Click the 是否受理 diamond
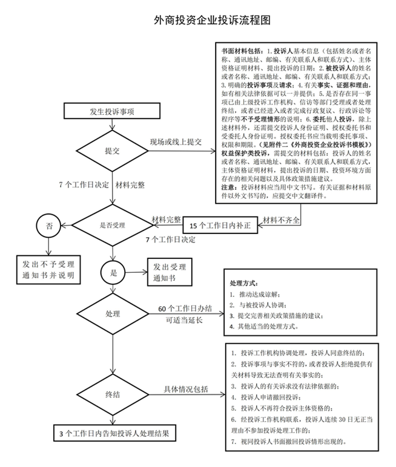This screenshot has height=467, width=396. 113,224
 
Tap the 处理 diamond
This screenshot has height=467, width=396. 113,315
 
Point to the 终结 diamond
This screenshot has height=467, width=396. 113,394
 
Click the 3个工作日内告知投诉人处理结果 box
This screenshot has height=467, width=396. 113,433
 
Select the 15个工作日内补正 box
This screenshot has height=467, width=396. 220,224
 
